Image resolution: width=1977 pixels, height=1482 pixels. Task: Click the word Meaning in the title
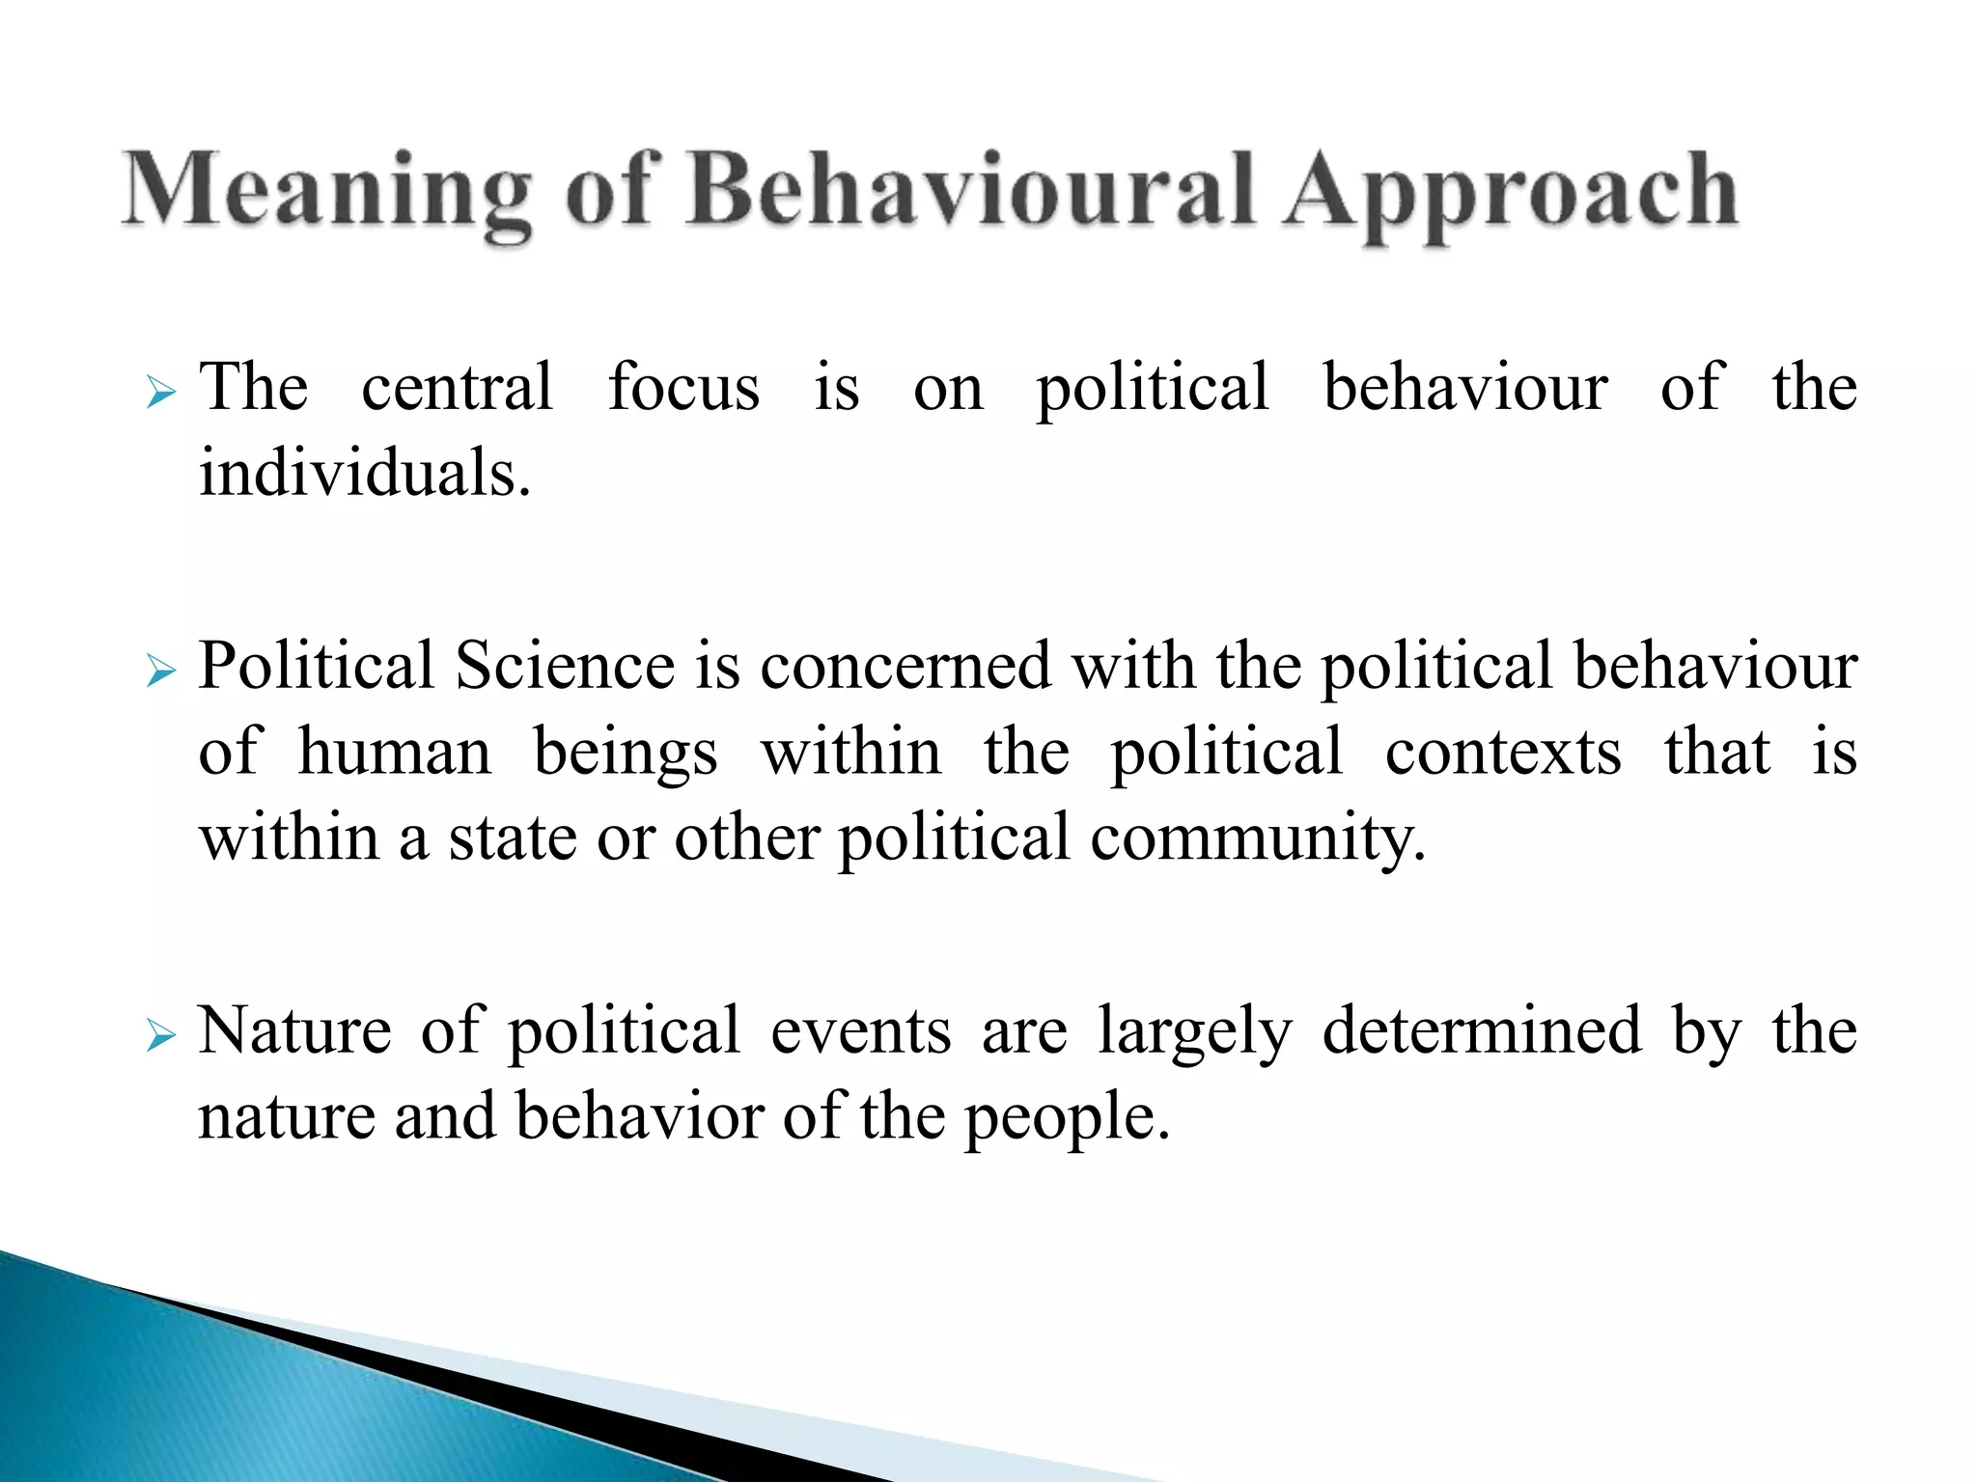pos(326,191)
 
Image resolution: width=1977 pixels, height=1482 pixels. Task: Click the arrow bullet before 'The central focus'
pos(160,393)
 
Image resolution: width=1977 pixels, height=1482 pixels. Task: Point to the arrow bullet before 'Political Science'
pos(160,671)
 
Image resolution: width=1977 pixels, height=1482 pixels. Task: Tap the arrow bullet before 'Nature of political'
pos(160,1036)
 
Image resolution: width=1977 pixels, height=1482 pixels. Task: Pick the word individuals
pos(364,474)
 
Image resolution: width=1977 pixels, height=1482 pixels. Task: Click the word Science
pos(565,666)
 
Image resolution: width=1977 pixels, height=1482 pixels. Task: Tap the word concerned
pos(905,666)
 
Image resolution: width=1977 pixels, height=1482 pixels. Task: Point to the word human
pos(394,752)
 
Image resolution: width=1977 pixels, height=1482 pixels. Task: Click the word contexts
pos(1503,752)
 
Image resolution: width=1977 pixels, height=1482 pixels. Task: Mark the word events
pos(861,1031)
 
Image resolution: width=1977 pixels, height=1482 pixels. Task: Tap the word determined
pos(1482,1030)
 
